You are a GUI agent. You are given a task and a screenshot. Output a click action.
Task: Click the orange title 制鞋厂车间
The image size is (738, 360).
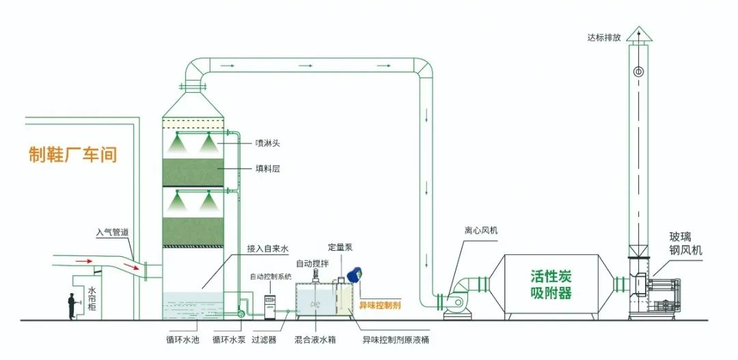click(x=73, y=155)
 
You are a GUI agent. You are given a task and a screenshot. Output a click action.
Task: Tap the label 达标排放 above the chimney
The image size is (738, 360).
click(x=605, y=38)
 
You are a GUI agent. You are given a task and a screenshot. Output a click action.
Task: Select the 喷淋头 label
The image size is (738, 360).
click(x=268, y=143)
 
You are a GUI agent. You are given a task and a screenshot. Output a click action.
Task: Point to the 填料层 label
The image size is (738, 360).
click(x=268, y=169)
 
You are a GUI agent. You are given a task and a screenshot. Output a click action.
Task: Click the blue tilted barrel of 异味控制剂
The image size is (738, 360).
click(x=354, y=275)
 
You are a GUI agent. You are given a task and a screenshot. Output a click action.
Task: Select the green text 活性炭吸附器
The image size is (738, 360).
click(x=551, y=285)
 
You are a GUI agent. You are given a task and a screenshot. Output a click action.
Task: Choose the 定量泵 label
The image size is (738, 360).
click(x=340, y=247)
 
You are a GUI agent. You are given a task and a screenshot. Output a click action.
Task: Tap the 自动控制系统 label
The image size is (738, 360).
click(x=271, y=277)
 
